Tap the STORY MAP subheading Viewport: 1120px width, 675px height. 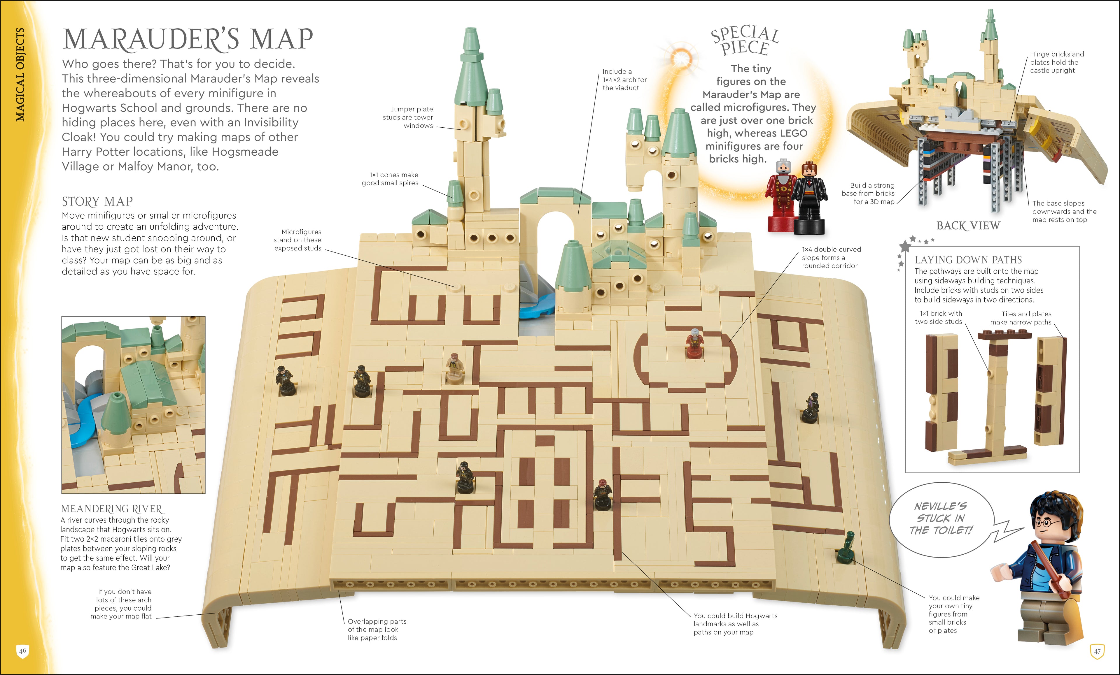[x=97, y=201]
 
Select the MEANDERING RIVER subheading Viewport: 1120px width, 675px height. [x=111, y=509]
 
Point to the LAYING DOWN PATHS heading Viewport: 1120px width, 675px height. [x=968, y=260]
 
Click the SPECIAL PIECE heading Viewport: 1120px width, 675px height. [x=745, y=41]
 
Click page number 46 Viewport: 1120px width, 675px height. [x=22, y=651]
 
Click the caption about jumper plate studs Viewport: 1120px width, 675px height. [x=408, y=117]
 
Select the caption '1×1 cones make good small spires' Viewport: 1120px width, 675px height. [x=390, y=179]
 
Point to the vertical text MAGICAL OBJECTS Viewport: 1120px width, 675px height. [x=20, y=75]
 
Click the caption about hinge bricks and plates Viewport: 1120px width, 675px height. [x=1056, y=62]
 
